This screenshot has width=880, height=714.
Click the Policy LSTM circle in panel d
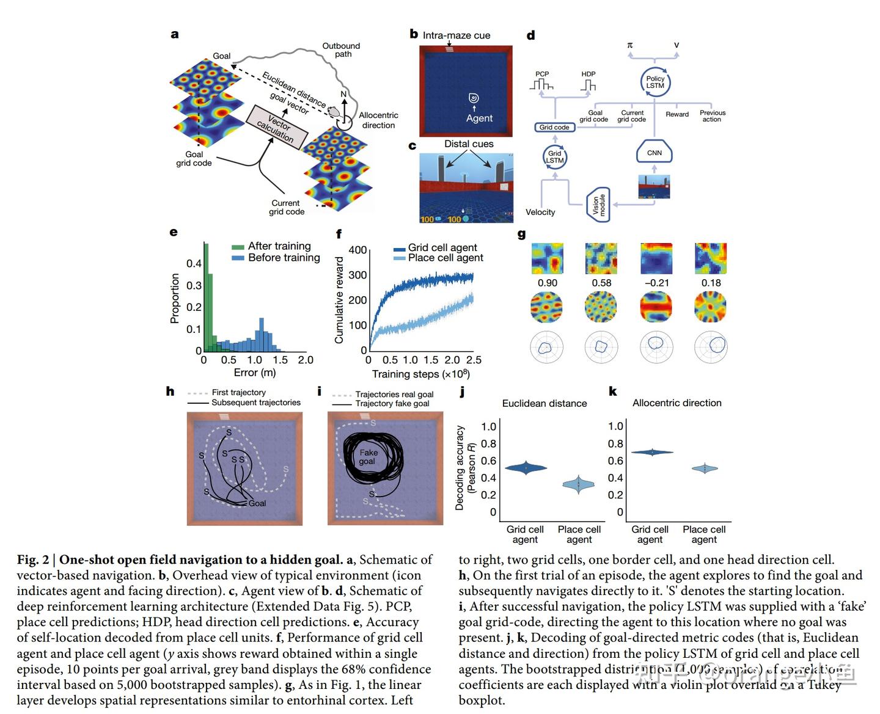point(654,82)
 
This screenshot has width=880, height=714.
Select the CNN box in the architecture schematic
point(654,153)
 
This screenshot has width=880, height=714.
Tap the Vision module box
point(598,205)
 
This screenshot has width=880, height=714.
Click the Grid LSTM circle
point(554,157)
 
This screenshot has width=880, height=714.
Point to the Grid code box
point(554,128)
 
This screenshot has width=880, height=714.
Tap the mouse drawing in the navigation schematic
point(335,112)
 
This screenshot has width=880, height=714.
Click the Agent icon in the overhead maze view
point(473,98)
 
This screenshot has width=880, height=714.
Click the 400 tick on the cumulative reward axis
point(358,250)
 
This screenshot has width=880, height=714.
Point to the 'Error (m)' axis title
point(254,373)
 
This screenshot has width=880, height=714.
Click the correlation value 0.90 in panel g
point(547,283)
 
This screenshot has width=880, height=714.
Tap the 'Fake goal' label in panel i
point(368,457)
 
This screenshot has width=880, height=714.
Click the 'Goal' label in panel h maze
point(257,503)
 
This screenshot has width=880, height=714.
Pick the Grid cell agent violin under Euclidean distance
point(525,468)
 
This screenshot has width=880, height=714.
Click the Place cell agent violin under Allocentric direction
point(704,468)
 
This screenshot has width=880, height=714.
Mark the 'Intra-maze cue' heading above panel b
point(456,35)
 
